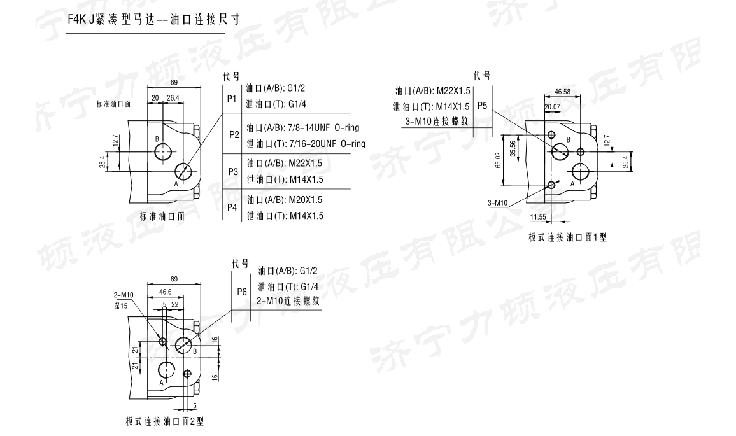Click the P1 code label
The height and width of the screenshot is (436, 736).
(x=231, y=100)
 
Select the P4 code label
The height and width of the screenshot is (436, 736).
(x=231, y=207)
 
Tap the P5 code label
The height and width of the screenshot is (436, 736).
(x=482, y=106)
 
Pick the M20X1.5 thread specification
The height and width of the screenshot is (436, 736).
(x=306, y=199)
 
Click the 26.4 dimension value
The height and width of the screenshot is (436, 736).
(x=173, y=98)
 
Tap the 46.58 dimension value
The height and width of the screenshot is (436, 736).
(x=562, y=92)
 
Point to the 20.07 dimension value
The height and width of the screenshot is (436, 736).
(x=552, y=106)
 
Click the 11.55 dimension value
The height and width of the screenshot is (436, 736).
(x=538, y=218)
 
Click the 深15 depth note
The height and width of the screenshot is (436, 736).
(x=120, y=306)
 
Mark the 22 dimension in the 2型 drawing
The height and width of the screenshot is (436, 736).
(x=175, y=305)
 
